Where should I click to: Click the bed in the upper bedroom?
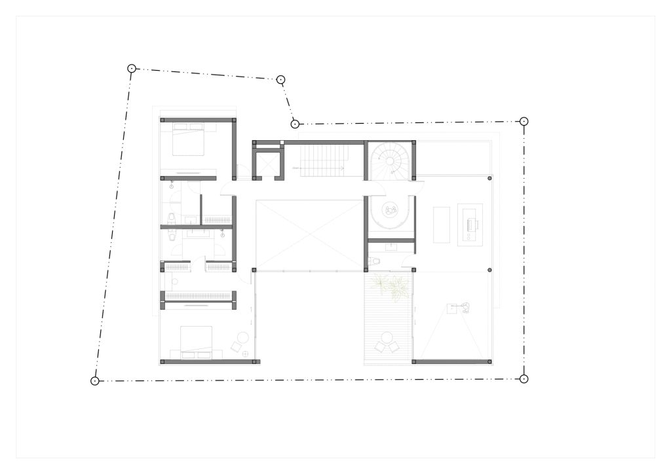pyautogui.click(x=189, y=141)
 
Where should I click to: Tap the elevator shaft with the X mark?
pyautogui.click(x=267, y=164)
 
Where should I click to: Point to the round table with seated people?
pyautogui.click(x=391, y=210)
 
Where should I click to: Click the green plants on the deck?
pyautogui.click(x=391, y=286)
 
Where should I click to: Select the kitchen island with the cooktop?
pyautogui.click(x=470, y=225)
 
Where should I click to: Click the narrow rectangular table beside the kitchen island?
pyautogui.click(x=442, y=225)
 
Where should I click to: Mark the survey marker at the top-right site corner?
pyautogui.click(x=524, y=121)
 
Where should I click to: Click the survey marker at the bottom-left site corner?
pyautogui.click(x=95, y=380)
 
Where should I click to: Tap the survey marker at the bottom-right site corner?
pyautogui.click(x=524, y=378)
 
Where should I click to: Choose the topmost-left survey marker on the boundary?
pyautogui.click(x=131, y=67)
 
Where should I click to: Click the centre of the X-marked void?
pyautogui.click(x=309, y=234)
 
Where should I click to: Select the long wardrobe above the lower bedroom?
pyautogui.click(x=198, y=296)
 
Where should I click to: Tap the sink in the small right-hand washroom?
pyautogui.click(x=391, y=246)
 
